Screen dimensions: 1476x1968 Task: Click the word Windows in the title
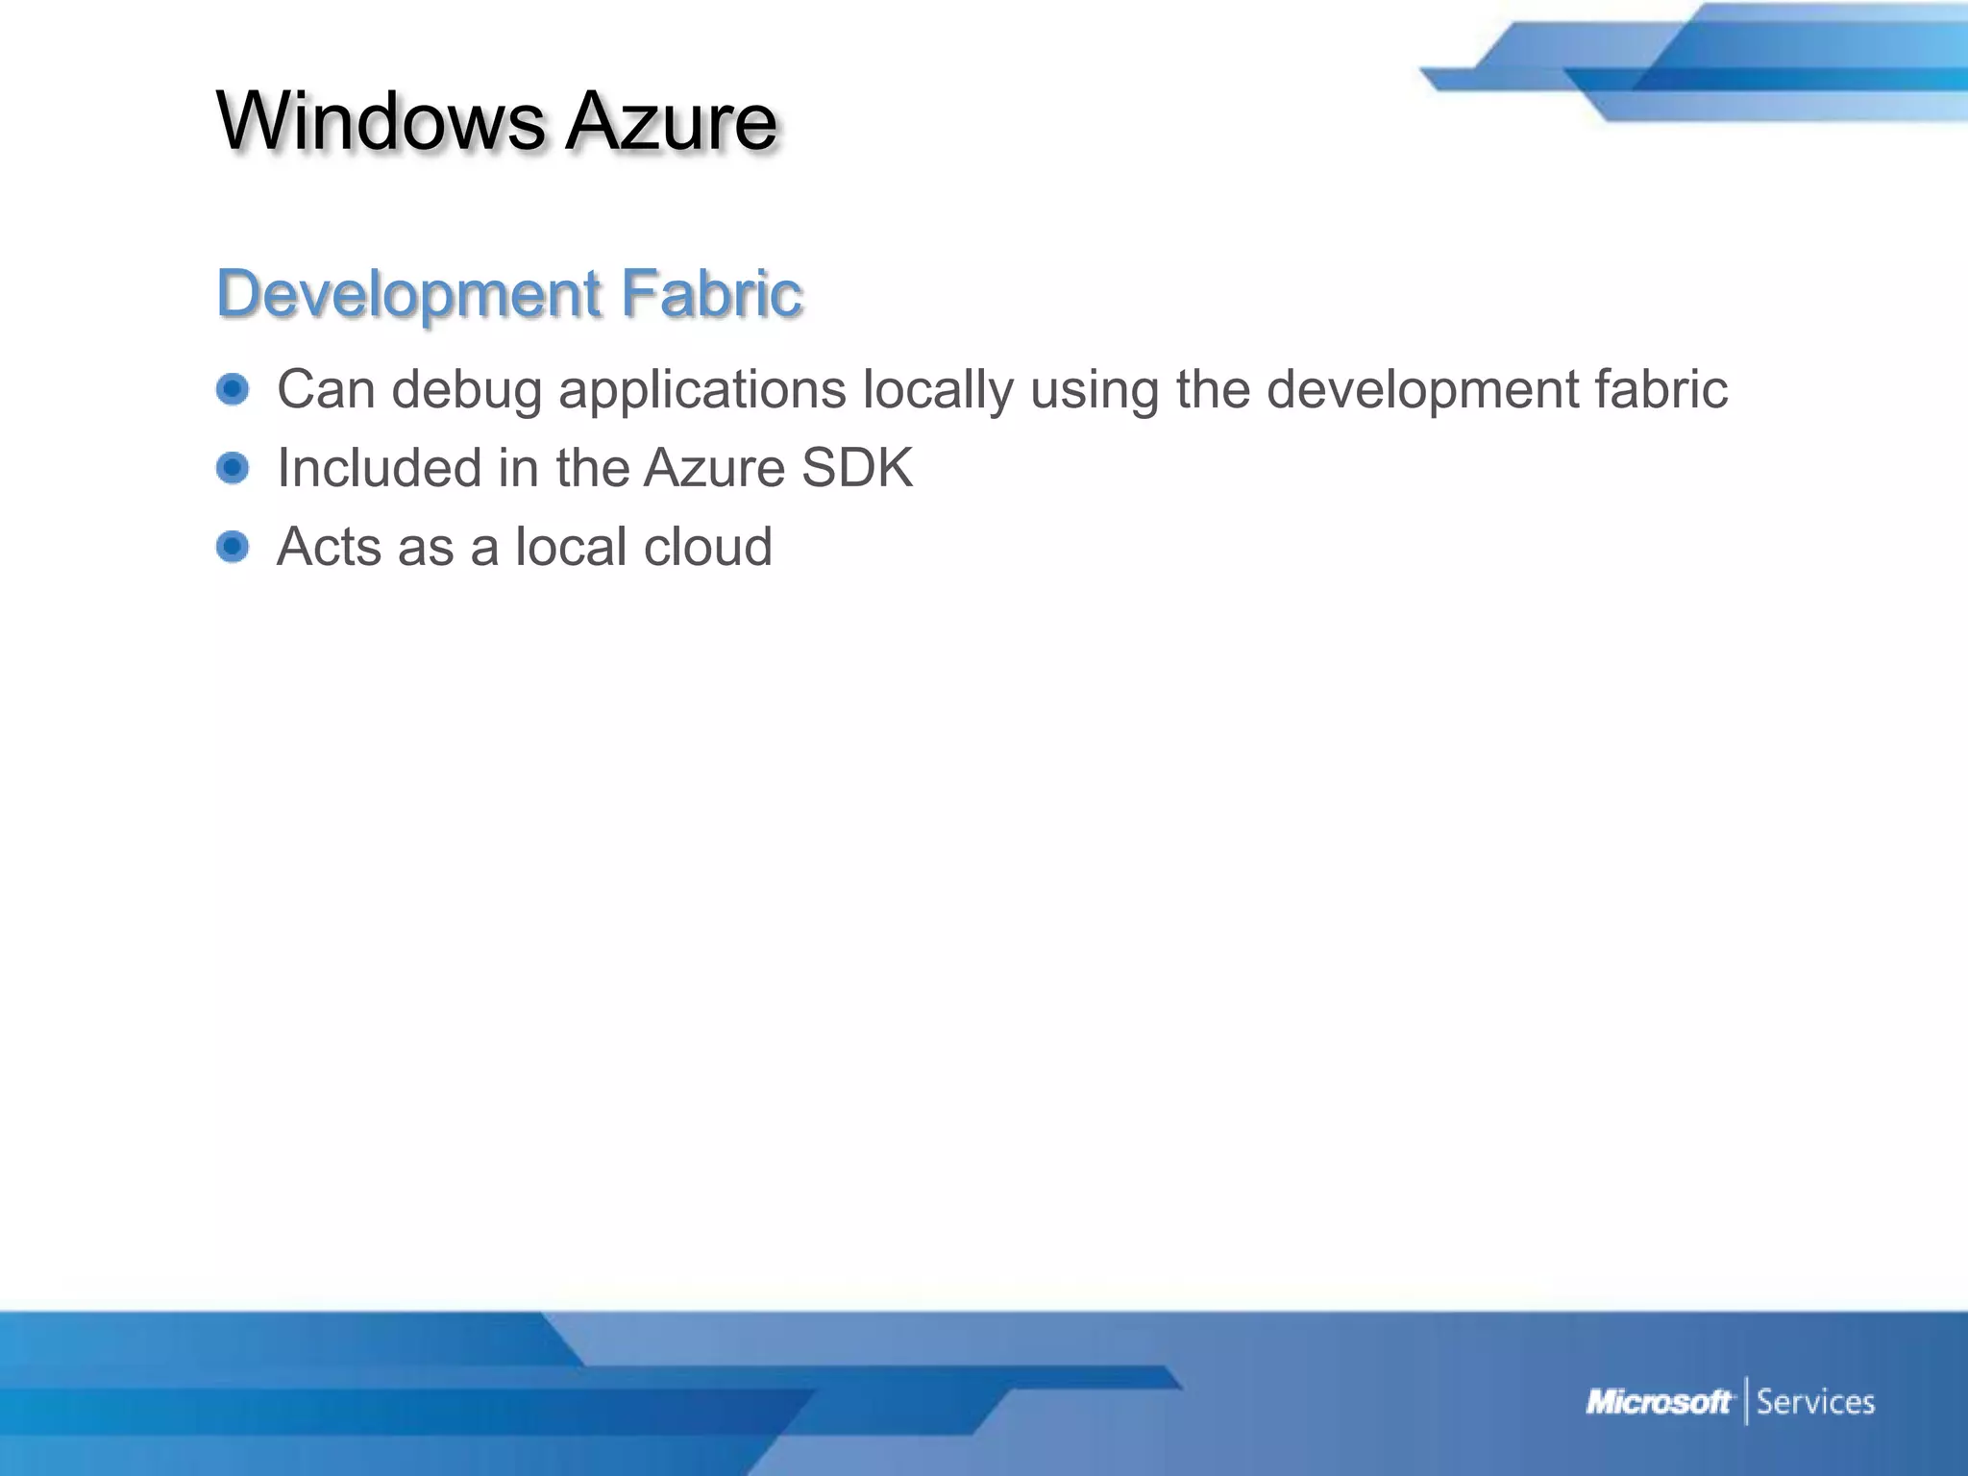[381, 121]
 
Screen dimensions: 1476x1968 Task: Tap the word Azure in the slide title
[671, 121]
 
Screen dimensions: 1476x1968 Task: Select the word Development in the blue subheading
[408, 293]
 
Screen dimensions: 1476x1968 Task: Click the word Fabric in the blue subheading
[711, 293]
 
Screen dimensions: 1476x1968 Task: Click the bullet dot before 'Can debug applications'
[233, 389]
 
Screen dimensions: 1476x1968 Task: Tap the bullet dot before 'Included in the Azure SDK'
[233, 468]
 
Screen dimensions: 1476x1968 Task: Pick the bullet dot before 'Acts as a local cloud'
[233, 547]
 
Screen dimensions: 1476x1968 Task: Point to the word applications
[702, 391]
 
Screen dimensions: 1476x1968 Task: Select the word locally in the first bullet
[938, 391]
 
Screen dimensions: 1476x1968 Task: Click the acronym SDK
[856, 468]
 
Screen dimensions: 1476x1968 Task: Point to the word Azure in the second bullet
[715, 468]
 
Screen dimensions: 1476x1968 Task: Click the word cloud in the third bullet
[707, 547]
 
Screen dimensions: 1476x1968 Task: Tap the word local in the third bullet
[571, 547]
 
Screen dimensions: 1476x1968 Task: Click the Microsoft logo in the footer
[1659, 1402]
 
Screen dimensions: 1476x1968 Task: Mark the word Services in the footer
[1815, 1402]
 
